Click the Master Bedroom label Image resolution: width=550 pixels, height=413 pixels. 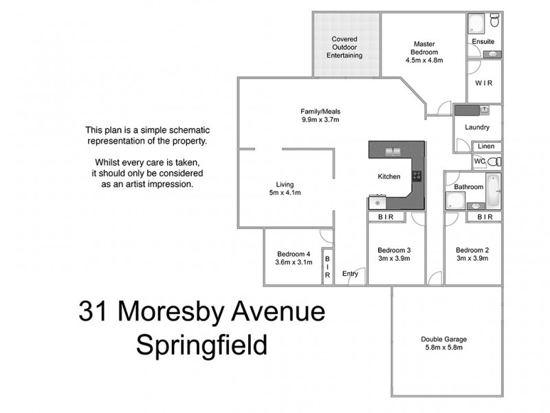tap(424, 47)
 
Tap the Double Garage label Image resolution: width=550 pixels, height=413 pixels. tap(444, 339)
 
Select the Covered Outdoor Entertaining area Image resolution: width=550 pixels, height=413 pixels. tap(344, 47)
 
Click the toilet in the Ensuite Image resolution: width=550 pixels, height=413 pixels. tap(494, 24)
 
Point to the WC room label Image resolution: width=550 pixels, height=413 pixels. tap(480, 161)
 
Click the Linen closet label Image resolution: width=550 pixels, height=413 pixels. tap(485, 146)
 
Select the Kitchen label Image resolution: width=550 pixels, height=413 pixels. tap(389, 177)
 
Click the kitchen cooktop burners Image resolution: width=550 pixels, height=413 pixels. tap(417, 176)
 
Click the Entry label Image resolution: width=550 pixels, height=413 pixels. tap(350, 274)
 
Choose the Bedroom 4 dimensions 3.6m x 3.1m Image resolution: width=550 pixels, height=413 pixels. tap(294, 262)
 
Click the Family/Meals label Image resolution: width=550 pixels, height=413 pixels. tap(321, 112)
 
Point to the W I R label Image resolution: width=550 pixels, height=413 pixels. tap(484, 83)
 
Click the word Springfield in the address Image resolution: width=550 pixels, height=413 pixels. tap(201, 344)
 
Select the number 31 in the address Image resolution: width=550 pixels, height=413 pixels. tap(95, 311)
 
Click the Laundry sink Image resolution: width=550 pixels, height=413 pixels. tap(485, 109)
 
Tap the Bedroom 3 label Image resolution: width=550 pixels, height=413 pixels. tap(395, 250)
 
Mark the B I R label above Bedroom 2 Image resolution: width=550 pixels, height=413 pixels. tap(485, 217)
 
